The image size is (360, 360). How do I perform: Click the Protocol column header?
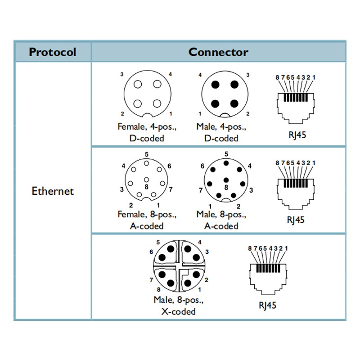pyautogui.click(x=53, y=52)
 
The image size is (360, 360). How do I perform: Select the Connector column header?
pyautogui.click(x=218, y=52)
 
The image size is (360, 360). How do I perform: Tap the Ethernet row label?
pyautogui.click(x=53, y=191)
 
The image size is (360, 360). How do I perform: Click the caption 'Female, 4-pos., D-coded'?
pyautogui.click(x=147, y=132)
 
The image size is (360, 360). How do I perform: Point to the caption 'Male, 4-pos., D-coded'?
pyautogui.click(x=221, y=132)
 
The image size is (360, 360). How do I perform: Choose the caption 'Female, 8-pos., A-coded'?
pyautogui.click(x=147, y=220)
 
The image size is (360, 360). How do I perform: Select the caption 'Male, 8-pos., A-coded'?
pyautogui.click(x=221, y=220)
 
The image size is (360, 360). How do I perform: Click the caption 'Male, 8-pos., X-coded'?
pyautogui.click(x=179, y=306)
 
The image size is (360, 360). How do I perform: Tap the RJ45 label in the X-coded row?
pyautogui.click(x=267, y=306)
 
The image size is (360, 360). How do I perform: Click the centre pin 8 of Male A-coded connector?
pyautogui.click(x=226, y=180)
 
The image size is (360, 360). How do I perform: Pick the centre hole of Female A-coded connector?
pyautogui.click(x=147, y=180)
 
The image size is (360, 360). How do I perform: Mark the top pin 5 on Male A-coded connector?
pyautogui.click(x=226, y=163)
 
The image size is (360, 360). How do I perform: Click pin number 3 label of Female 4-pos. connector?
pyautogui.click(x=122, y=74)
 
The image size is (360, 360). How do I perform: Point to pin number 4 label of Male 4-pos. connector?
pyautogui.click(x=200, y=75)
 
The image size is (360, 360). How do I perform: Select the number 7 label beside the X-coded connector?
pyautogui.click(x=151, y=280)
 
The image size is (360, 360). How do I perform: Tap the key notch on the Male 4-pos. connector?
pyautogui.click(x=225, y=115)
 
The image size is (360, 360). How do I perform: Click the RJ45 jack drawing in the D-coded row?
pyautogui.click(x=296, y=108)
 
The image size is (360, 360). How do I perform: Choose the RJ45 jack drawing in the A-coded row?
pyautogui.click(x=296, y=193)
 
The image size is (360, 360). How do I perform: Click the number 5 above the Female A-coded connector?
pyautogui.click(x=147, y=154)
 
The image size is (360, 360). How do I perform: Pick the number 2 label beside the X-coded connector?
pyautogui.click(x=207, y=280)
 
